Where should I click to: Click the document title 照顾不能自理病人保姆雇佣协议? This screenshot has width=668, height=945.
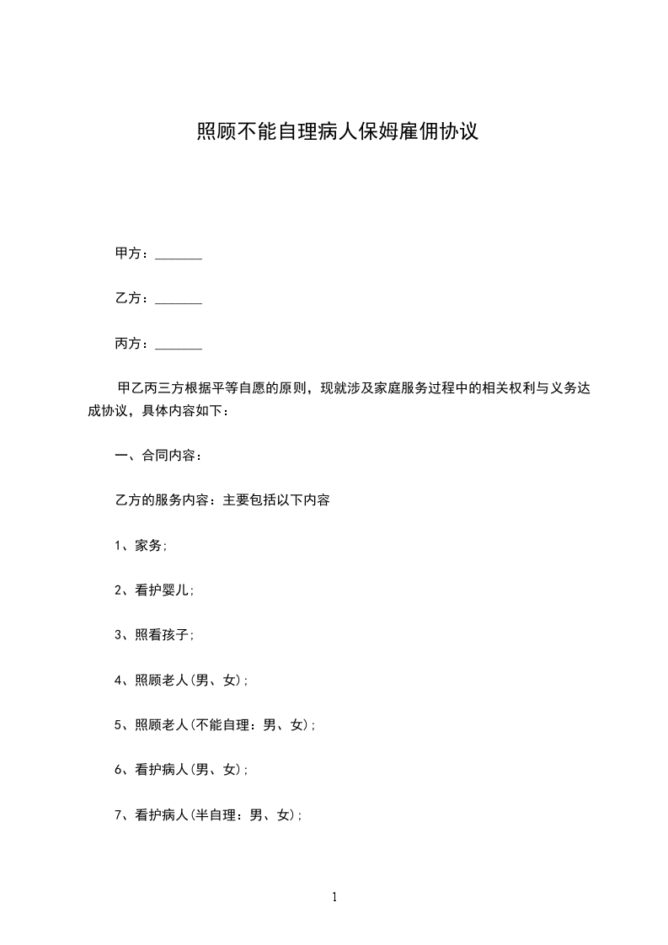[338, 131]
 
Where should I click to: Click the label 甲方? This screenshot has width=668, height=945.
[128, 254]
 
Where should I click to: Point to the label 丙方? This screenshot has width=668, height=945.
[128, 344]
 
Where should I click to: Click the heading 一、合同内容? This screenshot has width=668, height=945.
[158, 456]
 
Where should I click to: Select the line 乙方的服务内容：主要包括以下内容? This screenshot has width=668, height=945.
[222, 500]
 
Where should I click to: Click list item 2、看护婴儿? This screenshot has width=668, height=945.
[154, 590]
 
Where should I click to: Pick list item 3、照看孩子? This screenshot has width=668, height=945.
[154, 635]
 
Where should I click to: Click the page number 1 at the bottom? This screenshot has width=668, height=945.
[334, 898]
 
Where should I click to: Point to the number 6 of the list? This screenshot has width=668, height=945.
[118, 770]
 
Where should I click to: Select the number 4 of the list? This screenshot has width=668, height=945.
[118, 681]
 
